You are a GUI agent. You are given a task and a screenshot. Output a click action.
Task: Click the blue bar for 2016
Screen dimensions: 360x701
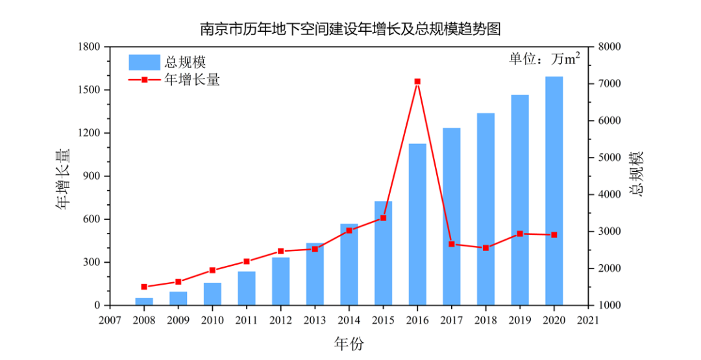(x=417, y=224)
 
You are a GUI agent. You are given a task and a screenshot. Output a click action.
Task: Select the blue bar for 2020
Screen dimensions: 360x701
(x=554, y=191)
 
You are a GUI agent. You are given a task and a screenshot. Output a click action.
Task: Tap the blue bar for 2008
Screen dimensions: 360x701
(x=144, y=302)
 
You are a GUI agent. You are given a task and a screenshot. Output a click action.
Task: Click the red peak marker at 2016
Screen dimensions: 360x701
(x=417, y=82)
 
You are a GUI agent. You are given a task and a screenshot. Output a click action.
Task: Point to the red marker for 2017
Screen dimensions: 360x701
(x=452, y=245)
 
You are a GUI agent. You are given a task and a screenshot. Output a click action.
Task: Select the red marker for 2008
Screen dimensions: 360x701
(x=144, y=287)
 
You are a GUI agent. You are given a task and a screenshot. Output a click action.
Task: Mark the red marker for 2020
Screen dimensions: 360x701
(x=554, y=235)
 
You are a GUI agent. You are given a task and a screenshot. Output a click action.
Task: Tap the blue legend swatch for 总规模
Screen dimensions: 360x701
(x=144, y=62)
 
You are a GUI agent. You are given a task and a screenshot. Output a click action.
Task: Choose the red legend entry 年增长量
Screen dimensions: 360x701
(x=191, y=80)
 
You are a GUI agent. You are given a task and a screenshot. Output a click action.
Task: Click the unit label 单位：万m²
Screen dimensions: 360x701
(x=544, y=59)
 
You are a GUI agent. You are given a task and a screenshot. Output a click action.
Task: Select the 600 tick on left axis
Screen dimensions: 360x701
(x=92, y=219)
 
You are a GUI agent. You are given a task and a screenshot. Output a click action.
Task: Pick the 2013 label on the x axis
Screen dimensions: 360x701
(x=315, y=320)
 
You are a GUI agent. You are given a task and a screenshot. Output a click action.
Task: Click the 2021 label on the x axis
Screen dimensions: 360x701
(x=588, y=320)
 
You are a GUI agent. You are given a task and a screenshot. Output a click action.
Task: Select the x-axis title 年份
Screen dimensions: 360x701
(x=350, y=342)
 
